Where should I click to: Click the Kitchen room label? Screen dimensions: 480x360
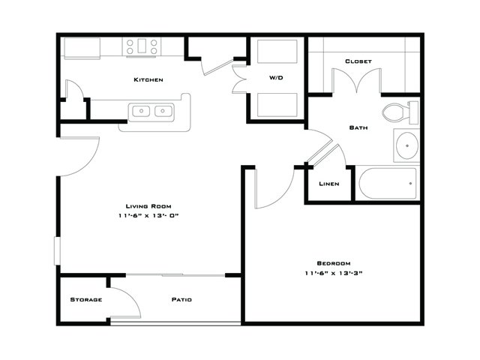click(148, 79)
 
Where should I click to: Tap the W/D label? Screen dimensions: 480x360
click(276, 78)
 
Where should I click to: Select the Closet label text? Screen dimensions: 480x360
click(358, 61)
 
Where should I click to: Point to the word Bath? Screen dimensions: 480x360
click(358, 127)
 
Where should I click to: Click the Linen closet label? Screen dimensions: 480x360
click(329, 184)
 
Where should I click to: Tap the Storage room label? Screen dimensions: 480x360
click(86, 299)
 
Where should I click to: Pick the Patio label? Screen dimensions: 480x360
click(181, 299)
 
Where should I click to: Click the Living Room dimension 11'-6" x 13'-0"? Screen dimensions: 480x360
click(148, 215)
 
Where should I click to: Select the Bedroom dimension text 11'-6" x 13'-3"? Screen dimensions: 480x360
click(334, 273)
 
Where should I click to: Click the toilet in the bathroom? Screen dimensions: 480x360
click(400, 112)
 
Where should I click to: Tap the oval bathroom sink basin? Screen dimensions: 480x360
click(407, 145)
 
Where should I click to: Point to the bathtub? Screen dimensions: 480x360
click(388, 183)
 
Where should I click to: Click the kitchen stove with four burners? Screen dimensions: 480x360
click(142, 46)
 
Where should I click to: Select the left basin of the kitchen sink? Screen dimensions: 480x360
click(141, 111)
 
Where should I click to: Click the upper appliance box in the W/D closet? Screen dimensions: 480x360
click(277, 52)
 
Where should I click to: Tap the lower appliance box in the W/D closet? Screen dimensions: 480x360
click(277, 105)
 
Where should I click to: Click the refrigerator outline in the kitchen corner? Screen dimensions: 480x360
click(82, 48)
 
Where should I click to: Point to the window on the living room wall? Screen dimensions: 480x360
click(57, 250)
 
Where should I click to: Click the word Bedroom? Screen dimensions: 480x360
click(334, 263)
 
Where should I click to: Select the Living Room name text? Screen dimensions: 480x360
click(148, 206)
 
